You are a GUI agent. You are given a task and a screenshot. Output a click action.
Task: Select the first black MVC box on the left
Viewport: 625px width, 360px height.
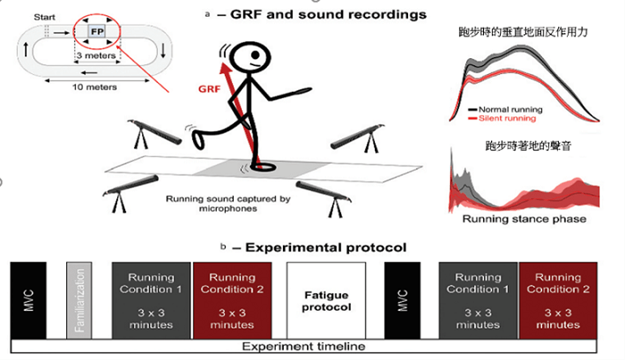coord(27,299)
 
